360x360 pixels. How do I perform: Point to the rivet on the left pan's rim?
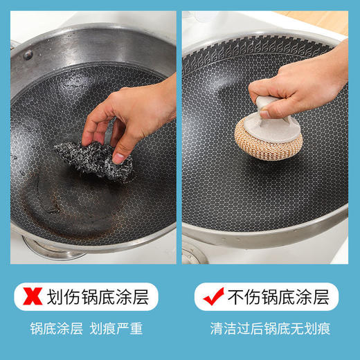28,55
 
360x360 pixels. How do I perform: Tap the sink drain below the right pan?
194,253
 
